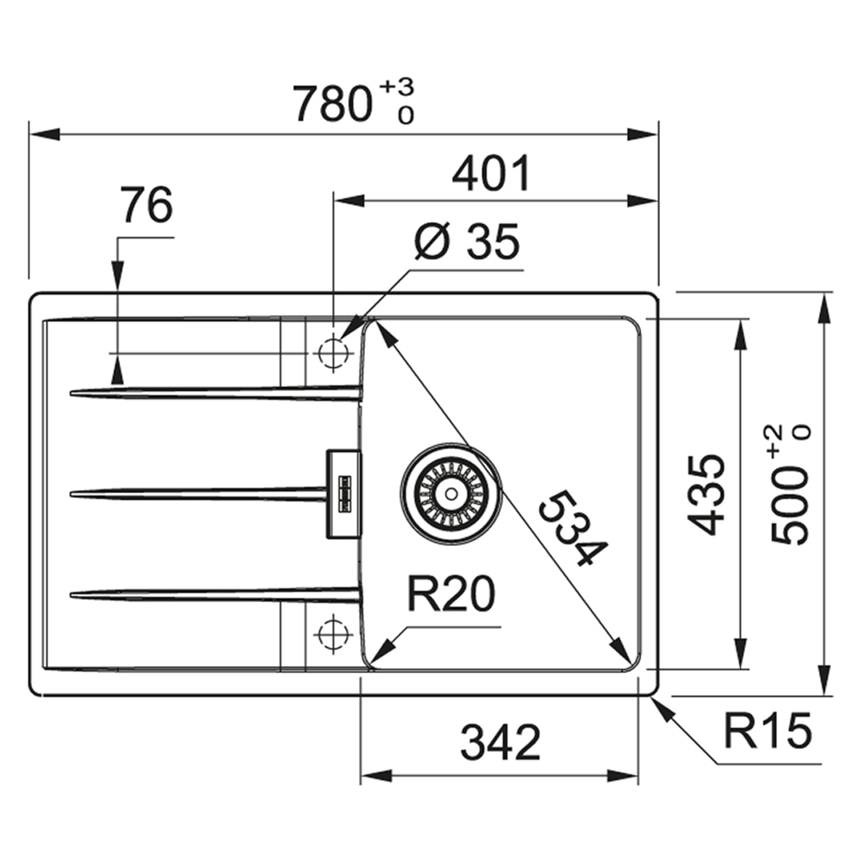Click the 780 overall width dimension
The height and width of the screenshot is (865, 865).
click(x=332, y=104)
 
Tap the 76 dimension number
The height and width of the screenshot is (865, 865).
click(x=146, y=205)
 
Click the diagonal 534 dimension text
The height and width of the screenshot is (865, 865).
click(x=573, y=528)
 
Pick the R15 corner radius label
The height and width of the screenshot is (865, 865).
click(x=767, y=731)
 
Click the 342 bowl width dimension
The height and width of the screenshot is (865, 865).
click(x=500, y=742)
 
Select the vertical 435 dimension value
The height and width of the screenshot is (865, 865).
click(x=706, y=495)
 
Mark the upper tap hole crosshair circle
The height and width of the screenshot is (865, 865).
click(x=333, y=353)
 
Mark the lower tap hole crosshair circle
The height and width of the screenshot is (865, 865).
click(x=333, y=634)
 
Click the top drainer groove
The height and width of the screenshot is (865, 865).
click(x=215, y=392)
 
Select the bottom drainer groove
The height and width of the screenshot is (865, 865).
click(x=215, y=594)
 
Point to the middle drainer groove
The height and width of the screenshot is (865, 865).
click(x=199, y=494)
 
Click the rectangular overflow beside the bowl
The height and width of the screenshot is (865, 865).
click(x=344, y=494)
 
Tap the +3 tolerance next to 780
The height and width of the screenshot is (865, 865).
click(x=398, y=86)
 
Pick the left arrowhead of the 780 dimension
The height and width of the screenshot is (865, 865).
click(x=44, y=134)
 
